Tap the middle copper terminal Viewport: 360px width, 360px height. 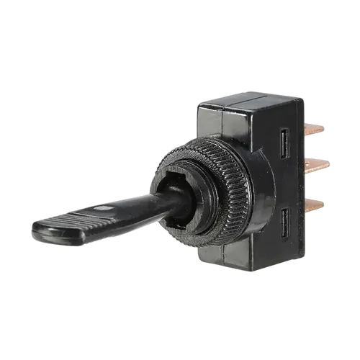(318, 166)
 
